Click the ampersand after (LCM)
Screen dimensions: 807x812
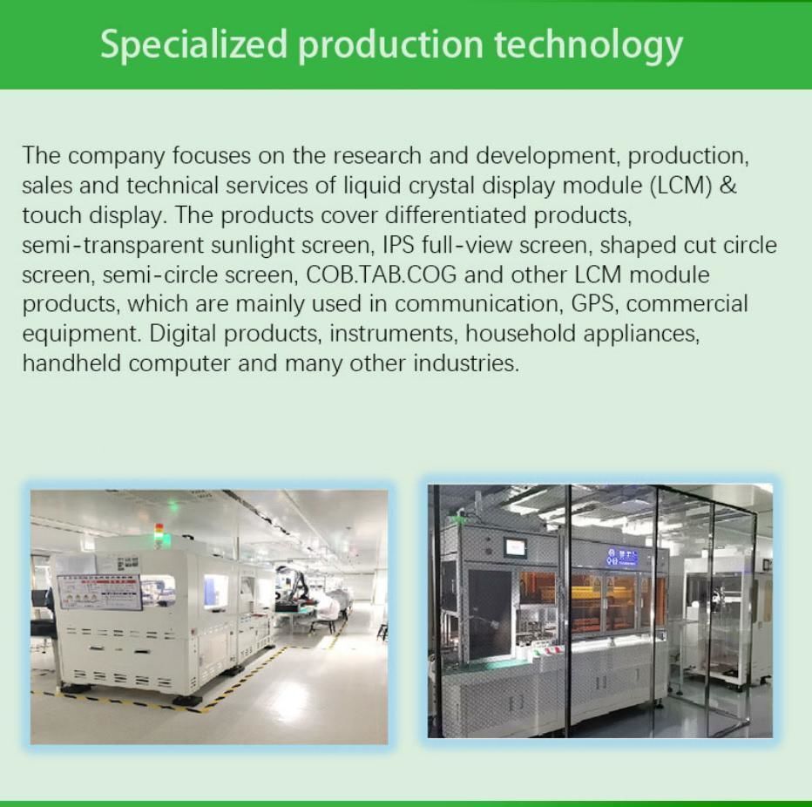point(729,186)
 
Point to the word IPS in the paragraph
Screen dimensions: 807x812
point(398,245)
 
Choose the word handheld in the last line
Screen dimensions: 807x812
point(72,363)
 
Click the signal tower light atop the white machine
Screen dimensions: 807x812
point(159,532)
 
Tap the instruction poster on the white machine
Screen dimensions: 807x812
point(98,593)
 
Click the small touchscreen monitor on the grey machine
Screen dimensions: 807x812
point(517,548)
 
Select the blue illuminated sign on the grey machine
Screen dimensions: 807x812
point(623,556)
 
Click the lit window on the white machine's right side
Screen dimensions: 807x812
point(215,591)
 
